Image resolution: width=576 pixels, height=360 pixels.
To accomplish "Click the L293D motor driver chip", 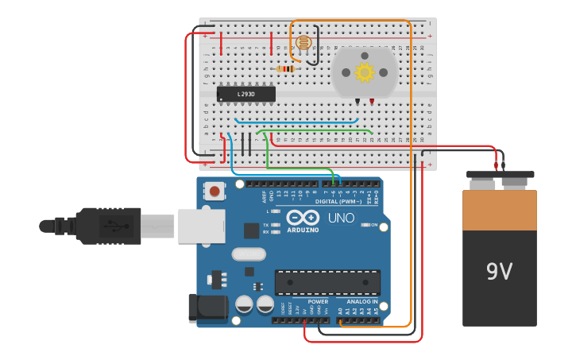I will click(x=246, y=94).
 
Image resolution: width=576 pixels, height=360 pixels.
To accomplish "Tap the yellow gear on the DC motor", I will click(x=365, y=73).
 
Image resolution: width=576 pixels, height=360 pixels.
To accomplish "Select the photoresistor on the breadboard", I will click(x=303, y=43).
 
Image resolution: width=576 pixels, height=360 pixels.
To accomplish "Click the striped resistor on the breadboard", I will click(x=285, y=69).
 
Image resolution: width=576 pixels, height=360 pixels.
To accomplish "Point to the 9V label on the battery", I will click(x=500, y=272).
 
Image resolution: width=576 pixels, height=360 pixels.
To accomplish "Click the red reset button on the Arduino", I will click(x=215, y=191).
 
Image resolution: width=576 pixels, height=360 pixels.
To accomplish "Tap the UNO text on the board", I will click(x=342, y=218).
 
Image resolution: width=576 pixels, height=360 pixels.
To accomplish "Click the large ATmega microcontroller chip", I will click(x=327, y=282).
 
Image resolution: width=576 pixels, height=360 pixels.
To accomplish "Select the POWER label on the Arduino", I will click(x=318, y=302).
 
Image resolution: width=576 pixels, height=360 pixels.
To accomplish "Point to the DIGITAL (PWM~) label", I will click(x=338, y=201).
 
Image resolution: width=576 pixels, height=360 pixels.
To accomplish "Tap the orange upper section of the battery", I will click(x=500, y=210).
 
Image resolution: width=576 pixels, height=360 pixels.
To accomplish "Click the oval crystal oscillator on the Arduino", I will click(x=249, y=254).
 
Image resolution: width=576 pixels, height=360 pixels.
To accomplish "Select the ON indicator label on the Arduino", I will click(x=373, y=225).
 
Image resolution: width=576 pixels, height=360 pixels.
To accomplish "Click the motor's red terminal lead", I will click(x=371, y=102).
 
